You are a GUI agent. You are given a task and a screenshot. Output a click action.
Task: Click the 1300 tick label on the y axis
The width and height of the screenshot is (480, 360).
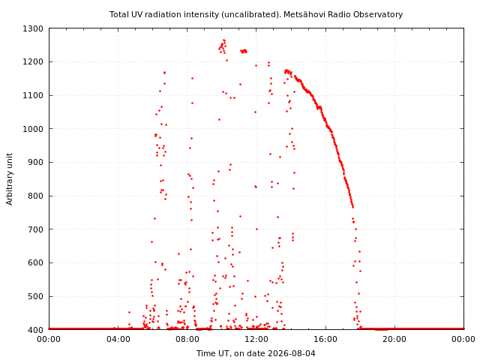pyautogui.click(x=33, y=28)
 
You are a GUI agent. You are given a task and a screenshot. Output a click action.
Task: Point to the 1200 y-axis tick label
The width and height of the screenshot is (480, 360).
pyautogui.click(x=33, y=62)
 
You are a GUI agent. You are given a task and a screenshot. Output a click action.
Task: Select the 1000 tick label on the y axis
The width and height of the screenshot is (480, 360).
pyautogui.click(x=33, y=129)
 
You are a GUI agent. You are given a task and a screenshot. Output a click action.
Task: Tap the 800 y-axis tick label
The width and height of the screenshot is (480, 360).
pyautogui.click(x=35, y=196)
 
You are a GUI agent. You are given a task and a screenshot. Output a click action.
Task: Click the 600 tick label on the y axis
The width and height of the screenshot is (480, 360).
pyautogui.click(x=35, y=263)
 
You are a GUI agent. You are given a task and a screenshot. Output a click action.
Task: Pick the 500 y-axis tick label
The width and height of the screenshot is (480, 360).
pyautogui.click(x=35, y=297)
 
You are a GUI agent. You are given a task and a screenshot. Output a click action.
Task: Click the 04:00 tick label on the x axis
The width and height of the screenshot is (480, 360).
pyautogui.click(x=118, y=340)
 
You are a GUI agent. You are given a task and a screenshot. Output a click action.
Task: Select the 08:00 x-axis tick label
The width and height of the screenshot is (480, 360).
pyautogui.click(x=187, y=340)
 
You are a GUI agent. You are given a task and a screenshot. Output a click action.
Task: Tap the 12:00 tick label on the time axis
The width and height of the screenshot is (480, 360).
pyautogui.click(x=256, y=340)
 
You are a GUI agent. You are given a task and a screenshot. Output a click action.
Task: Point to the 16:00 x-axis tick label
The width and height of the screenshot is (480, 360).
pyautogui.click(x=325, y=340)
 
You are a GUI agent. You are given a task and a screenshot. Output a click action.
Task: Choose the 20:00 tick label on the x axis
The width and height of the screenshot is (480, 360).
pyautogui.click(x=395, y=340)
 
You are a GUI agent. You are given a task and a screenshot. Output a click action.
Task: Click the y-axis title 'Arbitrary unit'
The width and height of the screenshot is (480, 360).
pyautogui.click(x=10, y=179)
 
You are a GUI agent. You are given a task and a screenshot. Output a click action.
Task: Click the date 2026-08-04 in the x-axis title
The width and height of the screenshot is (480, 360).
pyautogui.click(x=292, y=353)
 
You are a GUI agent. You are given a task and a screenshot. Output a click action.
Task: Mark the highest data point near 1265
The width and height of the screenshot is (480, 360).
pyautogui.click(x=224, y=40)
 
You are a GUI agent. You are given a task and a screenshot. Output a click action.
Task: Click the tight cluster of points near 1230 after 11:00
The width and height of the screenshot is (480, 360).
pyautogui.click(x=244, y=51)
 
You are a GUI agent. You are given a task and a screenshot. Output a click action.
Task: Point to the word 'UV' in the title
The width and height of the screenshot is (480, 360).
pyautogui.click(x=138, y=14)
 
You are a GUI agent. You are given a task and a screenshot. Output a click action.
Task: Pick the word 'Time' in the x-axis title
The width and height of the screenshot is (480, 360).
pyautogui.click(x=204, y=353)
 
